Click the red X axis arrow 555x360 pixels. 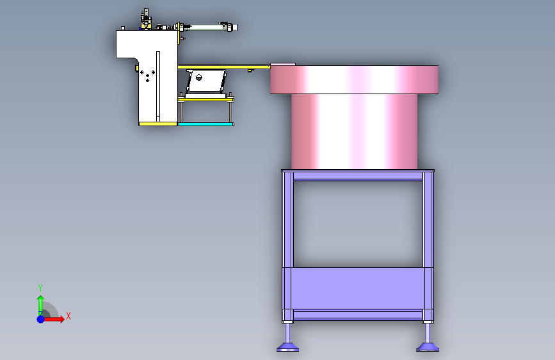pos(53,319)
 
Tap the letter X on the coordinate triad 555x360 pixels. pos(68,316)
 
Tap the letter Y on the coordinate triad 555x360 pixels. pos(40,288)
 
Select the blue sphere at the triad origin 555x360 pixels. pos(41,319)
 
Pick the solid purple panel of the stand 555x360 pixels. pos(358,288)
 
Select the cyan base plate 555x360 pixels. pos(205,124)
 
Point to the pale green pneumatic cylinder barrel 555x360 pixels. pos(205,28)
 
